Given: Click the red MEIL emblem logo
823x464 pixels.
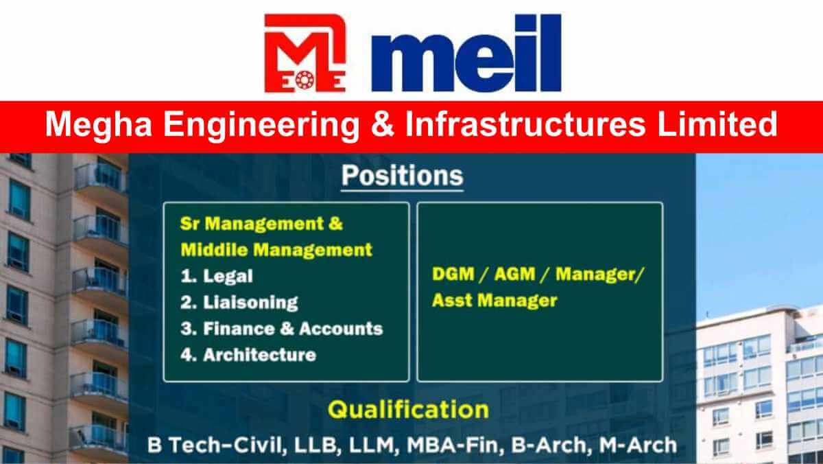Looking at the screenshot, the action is tap(305, 54).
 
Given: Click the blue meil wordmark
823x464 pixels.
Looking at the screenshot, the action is tap(466, 53).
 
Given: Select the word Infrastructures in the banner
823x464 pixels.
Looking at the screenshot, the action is tap(525, 124).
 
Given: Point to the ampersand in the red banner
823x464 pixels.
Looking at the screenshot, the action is tap(382, 124).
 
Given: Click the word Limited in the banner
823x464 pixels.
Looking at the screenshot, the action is tap(717, 124).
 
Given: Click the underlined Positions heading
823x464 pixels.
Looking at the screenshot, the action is tap(403, 176).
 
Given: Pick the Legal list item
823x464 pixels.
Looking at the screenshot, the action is tap(217, 277).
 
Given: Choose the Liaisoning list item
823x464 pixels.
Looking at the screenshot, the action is tap(239, 303).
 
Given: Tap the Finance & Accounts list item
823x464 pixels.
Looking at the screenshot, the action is tap(282, 329).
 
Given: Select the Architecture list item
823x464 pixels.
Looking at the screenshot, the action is tap(248, 355).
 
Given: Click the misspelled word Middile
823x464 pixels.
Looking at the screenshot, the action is tap(215, 250).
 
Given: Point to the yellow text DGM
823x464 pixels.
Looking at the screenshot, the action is tap(453, 275).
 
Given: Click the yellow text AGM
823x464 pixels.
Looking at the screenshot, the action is tap(515, 275).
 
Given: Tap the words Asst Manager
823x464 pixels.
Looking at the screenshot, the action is tap(494, 301).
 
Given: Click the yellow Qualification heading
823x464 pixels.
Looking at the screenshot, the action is tap(408, 410).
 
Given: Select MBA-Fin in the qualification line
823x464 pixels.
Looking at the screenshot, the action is tap(453, 445).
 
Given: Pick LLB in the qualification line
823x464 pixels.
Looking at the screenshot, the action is tap(315, 445).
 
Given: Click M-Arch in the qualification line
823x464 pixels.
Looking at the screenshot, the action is tap(638, 445).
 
